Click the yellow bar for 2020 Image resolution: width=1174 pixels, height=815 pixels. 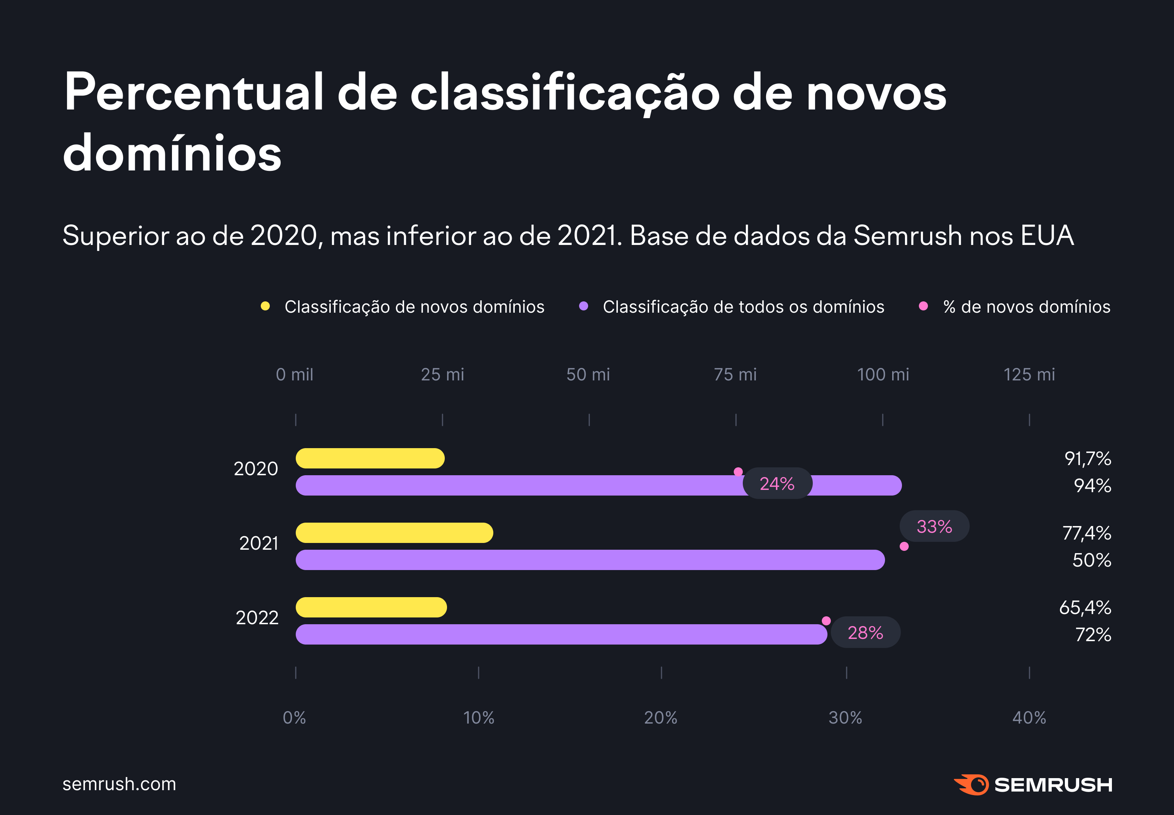[370, 458]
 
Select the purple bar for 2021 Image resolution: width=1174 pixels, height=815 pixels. [590, 560]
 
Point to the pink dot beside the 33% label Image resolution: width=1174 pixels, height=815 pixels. [904, 546]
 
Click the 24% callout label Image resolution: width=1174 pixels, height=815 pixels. [777, 484]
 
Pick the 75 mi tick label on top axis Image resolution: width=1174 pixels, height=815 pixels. [735, 374]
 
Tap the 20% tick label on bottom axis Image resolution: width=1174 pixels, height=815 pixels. [660, 718]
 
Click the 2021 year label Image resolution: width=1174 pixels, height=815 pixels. [259, 543]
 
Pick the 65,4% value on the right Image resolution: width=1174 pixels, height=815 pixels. [1085, 607]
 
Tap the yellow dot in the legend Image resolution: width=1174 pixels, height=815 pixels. [265, 306]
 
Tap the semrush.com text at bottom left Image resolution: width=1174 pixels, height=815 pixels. [119, 783]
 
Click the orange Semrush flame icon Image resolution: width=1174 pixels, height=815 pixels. [971, 785]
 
